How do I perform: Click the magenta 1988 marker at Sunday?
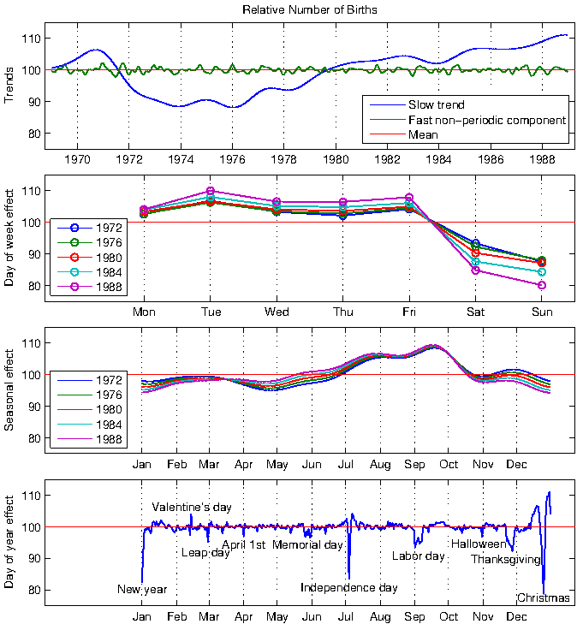pyautogui.click(x=542, y=285)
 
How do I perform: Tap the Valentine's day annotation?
pyautogui.click(x=192, y=508)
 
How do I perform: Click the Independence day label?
pyautogui.click(x=349, y=588)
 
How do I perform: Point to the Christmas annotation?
pyautogui.click(x=544, y=598)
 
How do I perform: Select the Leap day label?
pyautogui.click(x=205, y=553)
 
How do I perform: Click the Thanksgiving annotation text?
pyautogui.click(x=506, y=560)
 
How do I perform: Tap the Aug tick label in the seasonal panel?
pyautogui.click(x=378, y=465)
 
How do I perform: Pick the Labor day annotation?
pyautogui.click(x=418, y=556)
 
